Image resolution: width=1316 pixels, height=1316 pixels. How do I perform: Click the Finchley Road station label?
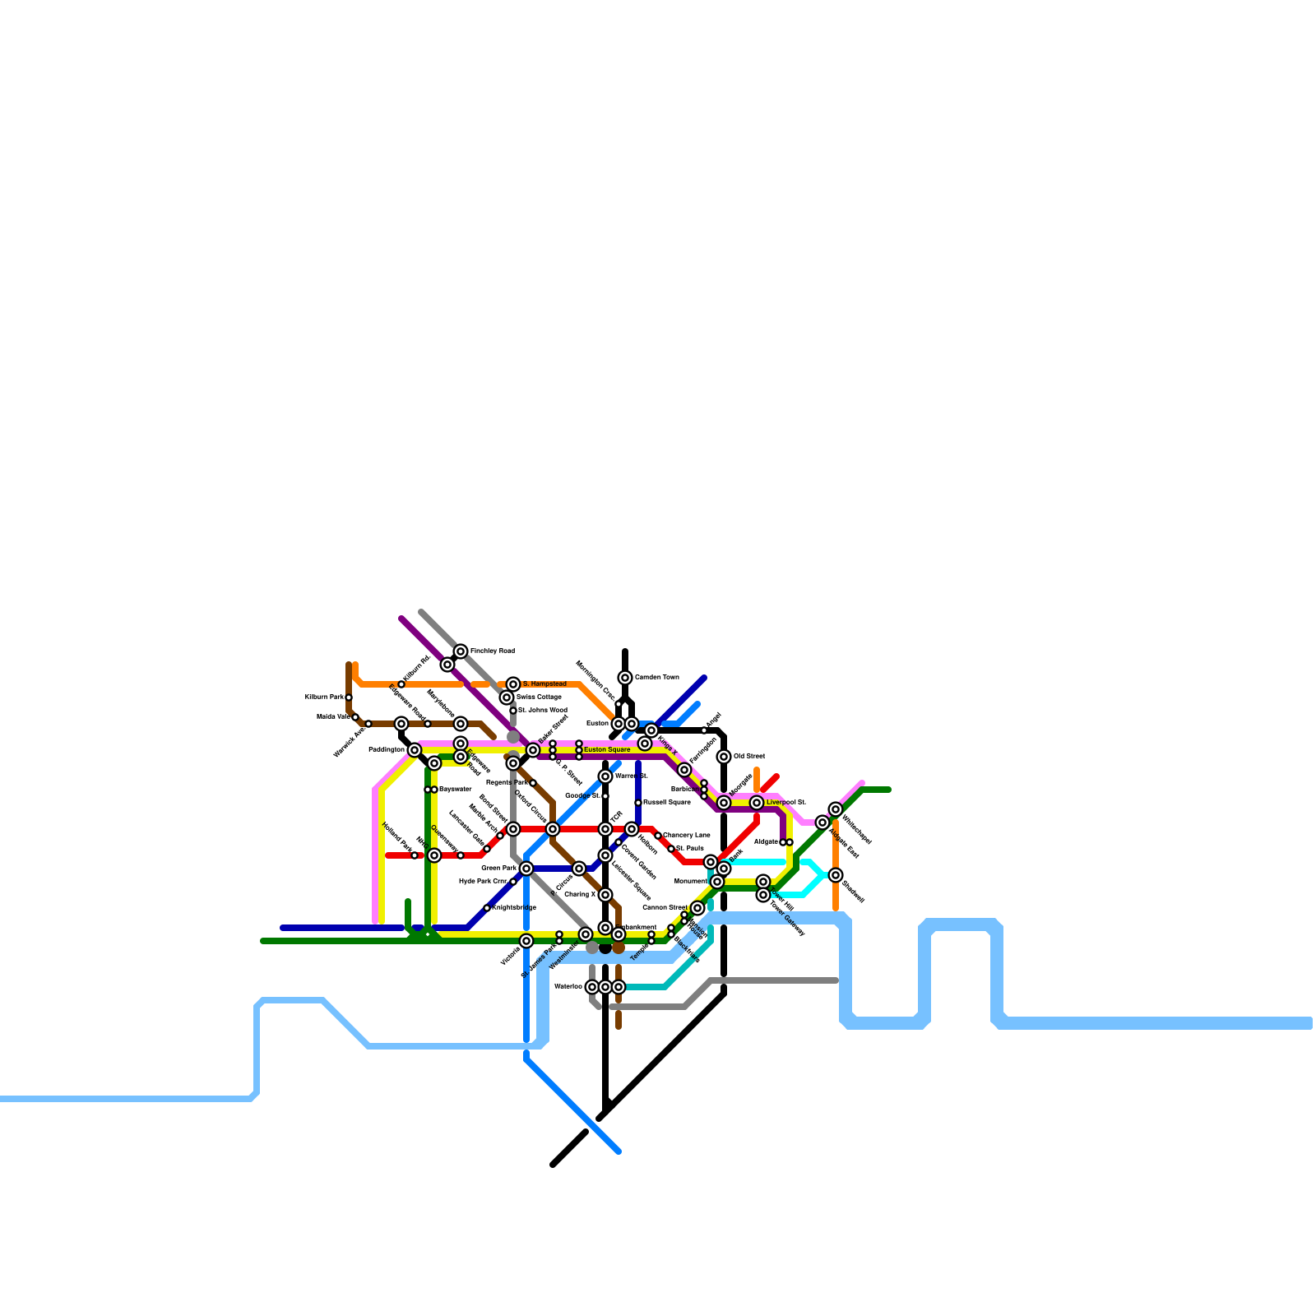[492, 651]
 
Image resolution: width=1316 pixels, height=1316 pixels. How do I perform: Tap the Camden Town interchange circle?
[625, 678]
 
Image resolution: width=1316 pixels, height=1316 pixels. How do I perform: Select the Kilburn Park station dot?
[349, 697]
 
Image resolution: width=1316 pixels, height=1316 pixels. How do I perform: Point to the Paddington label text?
[387, 750]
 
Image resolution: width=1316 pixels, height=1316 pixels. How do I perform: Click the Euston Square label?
[607, 750]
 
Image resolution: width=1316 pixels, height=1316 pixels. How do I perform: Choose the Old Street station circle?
[724, 757]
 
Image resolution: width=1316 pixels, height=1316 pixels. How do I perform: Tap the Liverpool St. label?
[785, 803]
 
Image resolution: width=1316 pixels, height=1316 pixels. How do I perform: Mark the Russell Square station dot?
[638, 803]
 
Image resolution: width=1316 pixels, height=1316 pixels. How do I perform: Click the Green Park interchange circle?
[526, 869]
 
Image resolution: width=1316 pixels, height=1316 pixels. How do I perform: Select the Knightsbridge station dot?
[487, 908]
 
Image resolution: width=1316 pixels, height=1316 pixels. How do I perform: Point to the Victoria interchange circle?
[526, 941]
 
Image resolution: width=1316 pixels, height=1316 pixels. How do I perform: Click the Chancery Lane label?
[687, 836]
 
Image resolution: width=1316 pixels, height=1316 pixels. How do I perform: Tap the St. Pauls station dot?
[671, 849]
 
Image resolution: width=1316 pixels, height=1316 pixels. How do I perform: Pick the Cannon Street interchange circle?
[697, 908]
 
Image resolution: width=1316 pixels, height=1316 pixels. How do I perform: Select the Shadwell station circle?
[836, 875]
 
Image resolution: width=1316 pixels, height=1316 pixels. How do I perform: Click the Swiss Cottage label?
[539, 697]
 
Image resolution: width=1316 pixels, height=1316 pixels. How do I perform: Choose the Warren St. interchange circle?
[605, 776]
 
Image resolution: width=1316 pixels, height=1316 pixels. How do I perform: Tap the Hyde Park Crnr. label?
[484, 882]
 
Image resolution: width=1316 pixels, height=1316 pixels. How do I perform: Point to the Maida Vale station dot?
[355, 717]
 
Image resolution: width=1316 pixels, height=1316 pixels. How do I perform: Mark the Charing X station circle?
[605, 895]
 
